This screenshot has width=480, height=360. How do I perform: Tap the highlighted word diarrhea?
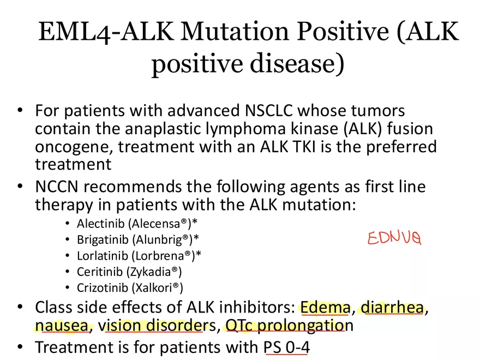click(x=392, y=308)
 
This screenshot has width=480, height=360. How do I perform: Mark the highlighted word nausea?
click(x=62, y=326)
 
